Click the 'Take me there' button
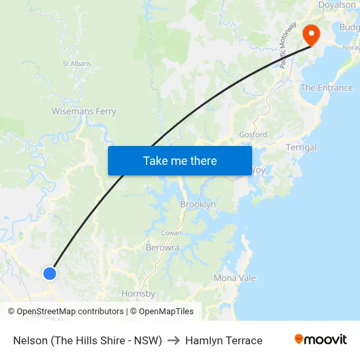coord(180,160)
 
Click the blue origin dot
coord(50,273)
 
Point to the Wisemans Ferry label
coord(84,111)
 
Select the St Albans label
coord(77,63)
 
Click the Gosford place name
coord(253,135)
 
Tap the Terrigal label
coord(301,147)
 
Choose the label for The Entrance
coord(326,88)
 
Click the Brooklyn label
coord(198,204)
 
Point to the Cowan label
coord(171,233)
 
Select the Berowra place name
coord(162,247)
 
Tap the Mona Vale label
coord(235,278)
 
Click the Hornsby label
coord(138,294)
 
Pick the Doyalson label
coord(336,5)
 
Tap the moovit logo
coord(321,340)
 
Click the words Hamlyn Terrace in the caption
coord(224,340)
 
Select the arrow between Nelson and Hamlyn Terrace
coord(173,340)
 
